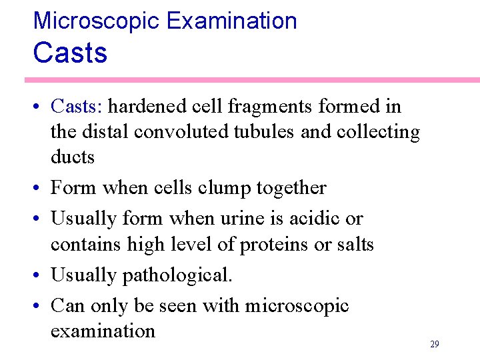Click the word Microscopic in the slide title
point(97,21)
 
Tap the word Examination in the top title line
point(231,21)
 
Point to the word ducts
point(73,157)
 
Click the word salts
point(354,244)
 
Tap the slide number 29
point(435,345)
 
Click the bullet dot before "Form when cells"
point(37,189)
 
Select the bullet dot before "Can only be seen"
point(37,306)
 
